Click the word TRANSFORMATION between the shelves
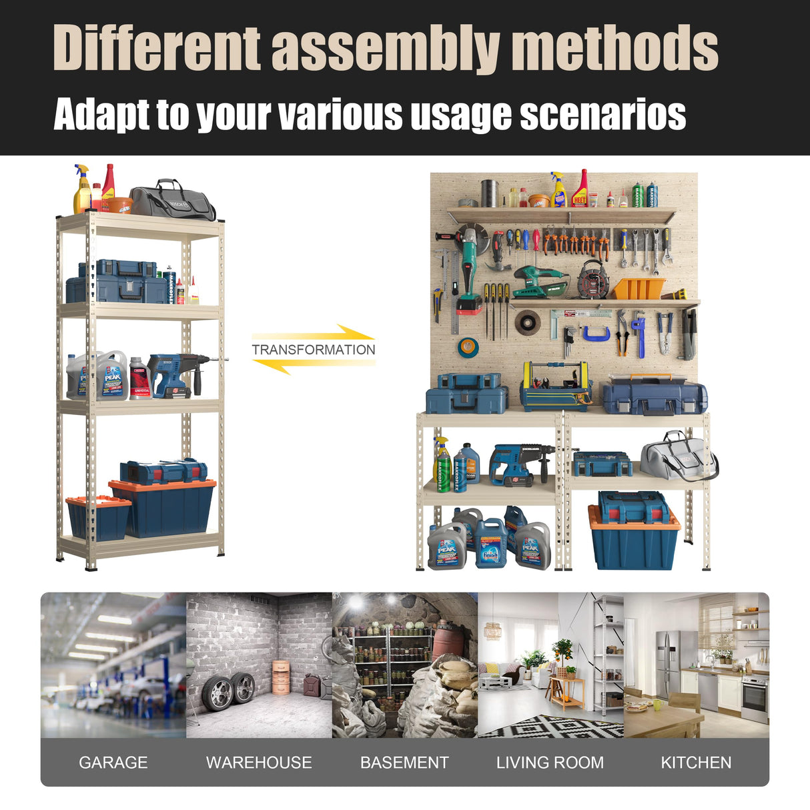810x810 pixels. point(313,350)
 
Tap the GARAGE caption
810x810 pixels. point(113,762)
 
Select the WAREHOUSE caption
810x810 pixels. point(259,762)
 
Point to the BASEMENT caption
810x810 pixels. point(404,762)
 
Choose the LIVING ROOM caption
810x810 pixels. point(550,762)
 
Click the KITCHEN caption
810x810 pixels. point(696,762)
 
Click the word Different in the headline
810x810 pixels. point(157,48)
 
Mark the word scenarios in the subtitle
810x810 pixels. point(602,114)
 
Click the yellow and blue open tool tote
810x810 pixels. point(555,388)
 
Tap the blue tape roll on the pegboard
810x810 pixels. point(468,346)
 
